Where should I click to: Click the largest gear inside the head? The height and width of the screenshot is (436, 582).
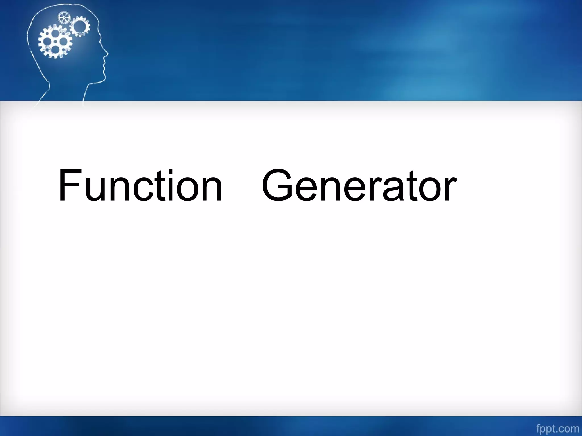(x=55, y=42)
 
